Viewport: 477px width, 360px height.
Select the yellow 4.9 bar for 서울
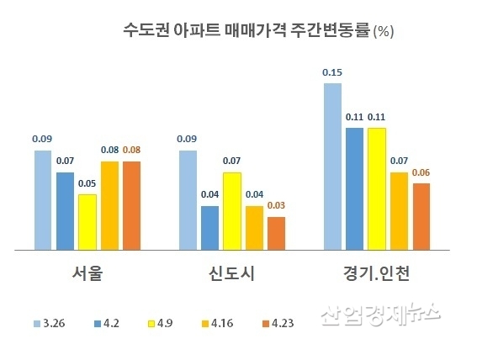87,222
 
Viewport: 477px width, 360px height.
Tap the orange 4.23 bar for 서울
132,205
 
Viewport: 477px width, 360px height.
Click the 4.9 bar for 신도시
231,211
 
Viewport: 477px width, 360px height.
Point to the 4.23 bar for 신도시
277,233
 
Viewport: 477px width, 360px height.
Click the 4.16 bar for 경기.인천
399,211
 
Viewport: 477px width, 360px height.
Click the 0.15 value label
331,73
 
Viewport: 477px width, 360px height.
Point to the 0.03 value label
277,205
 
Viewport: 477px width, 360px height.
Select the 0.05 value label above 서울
87,183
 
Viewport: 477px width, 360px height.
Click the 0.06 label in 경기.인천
421,172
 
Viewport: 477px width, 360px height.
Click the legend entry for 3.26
49,323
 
